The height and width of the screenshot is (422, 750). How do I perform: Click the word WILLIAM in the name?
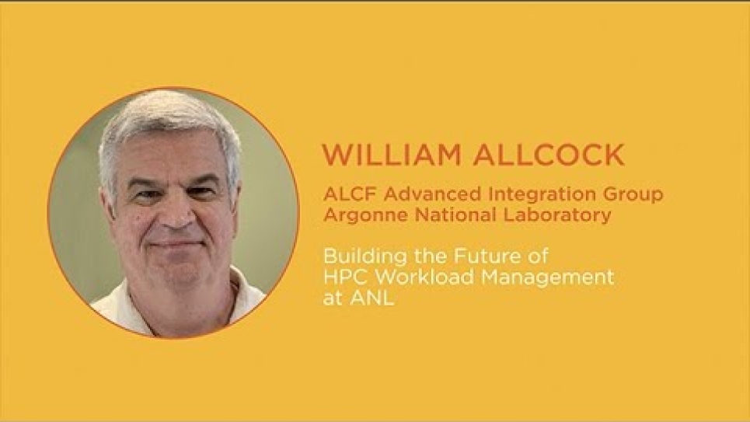coord(392,155)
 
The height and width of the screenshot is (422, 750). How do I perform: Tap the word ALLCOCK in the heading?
coord(549,155)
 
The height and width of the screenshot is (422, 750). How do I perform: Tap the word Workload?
coord(422,277)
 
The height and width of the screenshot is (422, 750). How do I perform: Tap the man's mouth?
coord(178,245)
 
